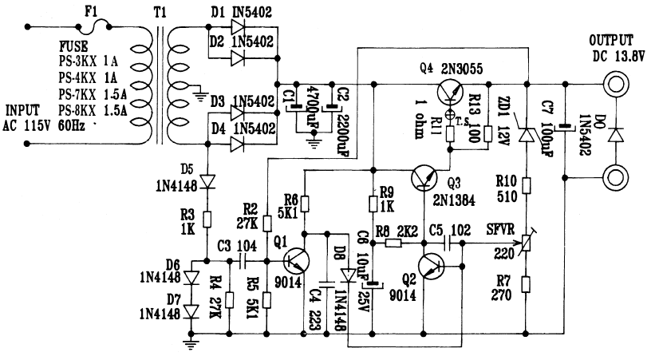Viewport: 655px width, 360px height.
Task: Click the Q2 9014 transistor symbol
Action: [435, 267]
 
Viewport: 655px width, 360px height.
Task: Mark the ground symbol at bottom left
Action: [191, 343]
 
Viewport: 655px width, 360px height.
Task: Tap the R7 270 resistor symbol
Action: [526, 285]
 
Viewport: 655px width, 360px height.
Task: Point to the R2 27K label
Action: [247, 214]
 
